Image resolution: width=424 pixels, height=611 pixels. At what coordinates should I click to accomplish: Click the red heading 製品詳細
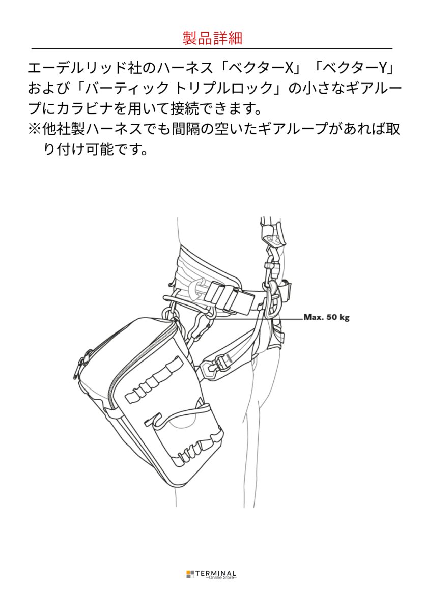tap(212, 38)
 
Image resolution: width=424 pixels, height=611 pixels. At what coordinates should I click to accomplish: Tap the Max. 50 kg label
tap(326, 317)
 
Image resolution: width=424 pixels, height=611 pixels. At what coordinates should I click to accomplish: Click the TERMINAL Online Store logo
tap(212, 574)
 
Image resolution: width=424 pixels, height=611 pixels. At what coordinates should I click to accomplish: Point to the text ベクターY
tap(364, 67)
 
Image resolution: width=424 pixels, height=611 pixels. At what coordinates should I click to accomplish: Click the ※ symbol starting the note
tap(35, 130)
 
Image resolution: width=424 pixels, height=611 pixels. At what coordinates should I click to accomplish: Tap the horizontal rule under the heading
tap(212, 49)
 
